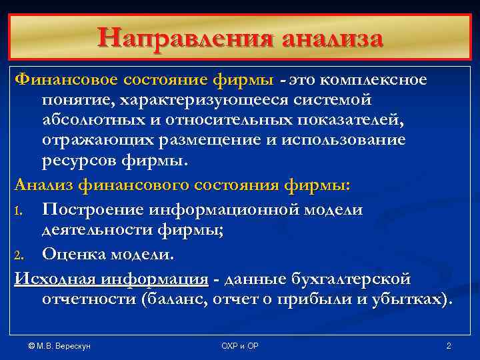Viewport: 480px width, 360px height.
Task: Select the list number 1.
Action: [19, 211]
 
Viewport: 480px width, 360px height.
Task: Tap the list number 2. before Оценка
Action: [20, 255]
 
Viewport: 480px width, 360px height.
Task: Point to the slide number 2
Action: [448, 346]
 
